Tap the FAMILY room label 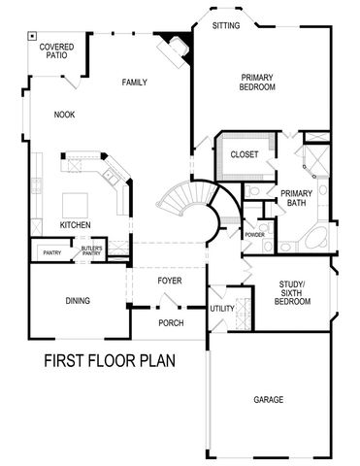coord(135,83)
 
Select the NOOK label coord(65,115)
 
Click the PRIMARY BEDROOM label coord(257,81)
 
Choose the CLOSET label coord(244,154)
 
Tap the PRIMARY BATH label coord(296,198)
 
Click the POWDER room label coord(255,235)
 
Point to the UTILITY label coord(222,308)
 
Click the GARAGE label coord(269,399)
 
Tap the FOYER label coord(170,282)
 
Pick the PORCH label coord(171,321)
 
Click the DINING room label coord(78,301)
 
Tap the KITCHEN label coord(75,225)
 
